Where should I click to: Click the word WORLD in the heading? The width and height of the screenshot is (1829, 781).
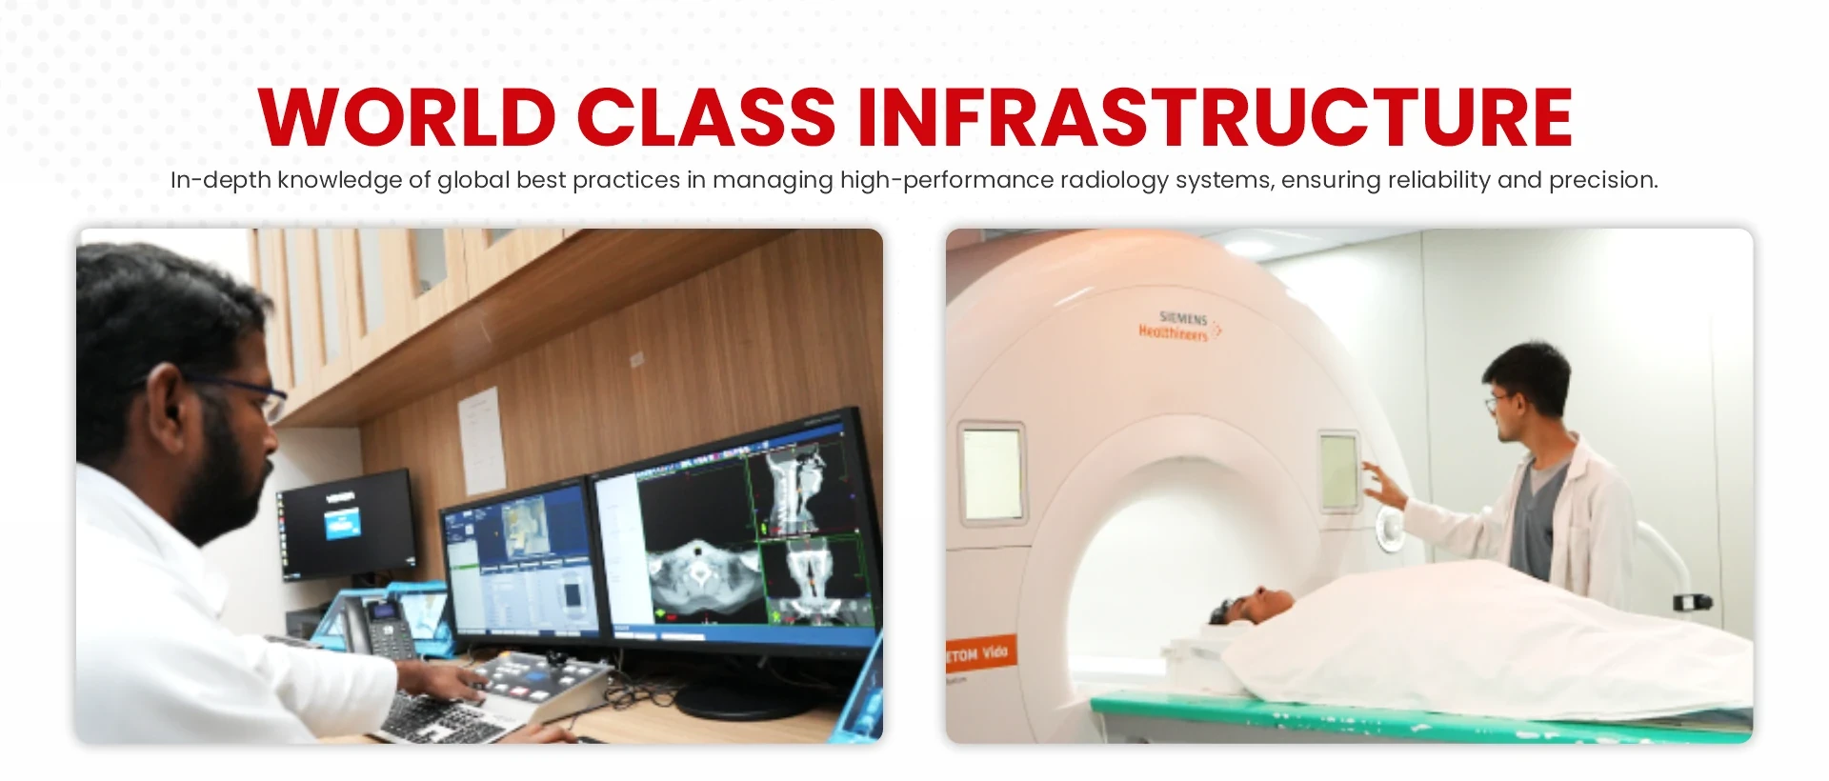pos(407,118)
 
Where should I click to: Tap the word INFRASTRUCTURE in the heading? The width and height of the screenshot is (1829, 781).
pos(1215,118)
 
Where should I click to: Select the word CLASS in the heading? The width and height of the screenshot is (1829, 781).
pos(706,118)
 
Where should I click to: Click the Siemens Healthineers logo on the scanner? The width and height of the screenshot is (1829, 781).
pos(1178,326)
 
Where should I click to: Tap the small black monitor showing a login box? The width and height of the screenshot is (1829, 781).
pos(347,523)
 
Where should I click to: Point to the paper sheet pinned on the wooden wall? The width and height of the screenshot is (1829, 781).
pos(482,439)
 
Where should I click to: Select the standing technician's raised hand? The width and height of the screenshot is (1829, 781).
pos(1382,485)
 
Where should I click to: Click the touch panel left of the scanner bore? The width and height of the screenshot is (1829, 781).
pos(992,473)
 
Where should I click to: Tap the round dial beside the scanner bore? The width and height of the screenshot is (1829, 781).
pos(1387,526)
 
